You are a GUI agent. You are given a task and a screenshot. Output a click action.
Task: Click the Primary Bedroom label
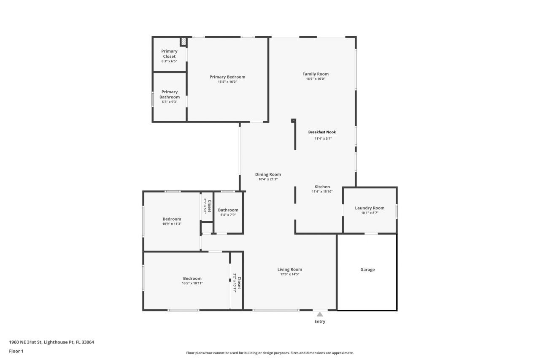227,77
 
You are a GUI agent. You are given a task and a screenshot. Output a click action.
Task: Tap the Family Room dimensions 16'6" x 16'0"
315,79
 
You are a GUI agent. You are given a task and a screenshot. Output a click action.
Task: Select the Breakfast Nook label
322,132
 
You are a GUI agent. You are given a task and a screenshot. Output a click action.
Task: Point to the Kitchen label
322,187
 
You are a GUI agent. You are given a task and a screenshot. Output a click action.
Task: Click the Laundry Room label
370,208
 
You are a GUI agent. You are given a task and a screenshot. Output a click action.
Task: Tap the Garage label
367,270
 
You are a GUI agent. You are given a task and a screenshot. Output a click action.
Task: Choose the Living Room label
290,270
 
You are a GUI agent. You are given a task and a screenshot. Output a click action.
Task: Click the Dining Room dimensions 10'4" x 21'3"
268,179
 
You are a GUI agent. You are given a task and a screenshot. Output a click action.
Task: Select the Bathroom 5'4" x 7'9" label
228,210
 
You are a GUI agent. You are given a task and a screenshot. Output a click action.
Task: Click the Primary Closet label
169,54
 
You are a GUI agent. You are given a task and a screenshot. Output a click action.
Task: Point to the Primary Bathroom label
170,95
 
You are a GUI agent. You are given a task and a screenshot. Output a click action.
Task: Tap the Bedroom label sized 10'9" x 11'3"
172,219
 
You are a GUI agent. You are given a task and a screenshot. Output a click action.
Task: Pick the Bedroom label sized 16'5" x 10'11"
192,279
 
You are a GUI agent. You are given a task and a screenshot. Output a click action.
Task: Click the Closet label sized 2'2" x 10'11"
239,283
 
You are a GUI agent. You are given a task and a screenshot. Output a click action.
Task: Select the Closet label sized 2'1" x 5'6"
209,206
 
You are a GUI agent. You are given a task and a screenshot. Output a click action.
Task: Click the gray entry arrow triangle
320,314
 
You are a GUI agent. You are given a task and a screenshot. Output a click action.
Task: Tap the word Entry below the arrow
320,322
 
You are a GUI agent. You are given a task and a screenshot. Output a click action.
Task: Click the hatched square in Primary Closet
184,41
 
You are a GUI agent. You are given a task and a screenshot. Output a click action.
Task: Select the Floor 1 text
16,351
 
